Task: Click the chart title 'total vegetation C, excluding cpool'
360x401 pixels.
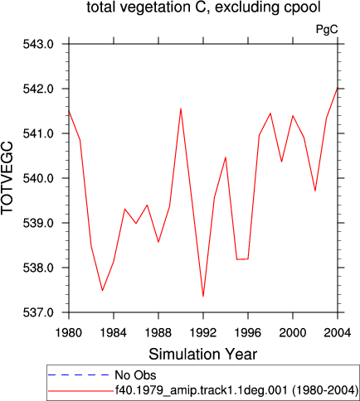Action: (x=203, y=7)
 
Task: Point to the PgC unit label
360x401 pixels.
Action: (x=327, y=29)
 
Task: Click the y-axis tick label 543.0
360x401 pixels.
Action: (x=38, y=44)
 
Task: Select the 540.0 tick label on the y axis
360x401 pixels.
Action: (x=38, y=178)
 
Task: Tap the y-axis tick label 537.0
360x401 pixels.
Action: (x=38, y=312)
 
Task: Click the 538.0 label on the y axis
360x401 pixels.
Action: (x=38, y=268)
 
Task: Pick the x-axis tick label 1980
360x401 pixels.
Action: (x=69, y=332)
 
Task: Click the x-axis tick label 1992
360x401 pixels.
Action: (x=203, y=332)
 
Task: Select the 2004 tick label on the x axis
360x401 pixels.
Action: (x=338, y=332)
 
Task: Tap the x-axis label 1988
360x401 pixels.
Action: (x=158, y=332)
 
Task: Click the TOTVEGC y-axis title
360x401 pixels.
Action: (x=7, y=178)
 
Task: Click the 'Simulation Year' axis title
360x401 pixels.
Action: (x=203, y=354)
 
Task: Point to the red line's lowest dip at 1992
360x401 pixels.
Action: (x=203, y=297)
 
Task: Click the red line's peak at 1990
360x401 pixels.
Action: (x=181, y=109)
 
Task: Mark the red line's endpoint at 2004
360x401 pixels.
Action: (x=338, y=88)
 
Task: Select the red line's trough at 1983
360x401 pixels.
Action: (x=102, y=291)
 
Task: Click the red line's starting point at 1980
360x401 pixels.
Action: (x=69, y=111)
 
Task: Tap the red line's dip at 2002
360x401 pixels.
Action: (x=315, y=191)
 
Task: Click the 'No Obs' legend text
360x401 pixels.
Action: (x=135, y=375)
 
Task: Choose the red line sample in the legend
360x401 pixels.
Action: (x=80, y=391)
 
